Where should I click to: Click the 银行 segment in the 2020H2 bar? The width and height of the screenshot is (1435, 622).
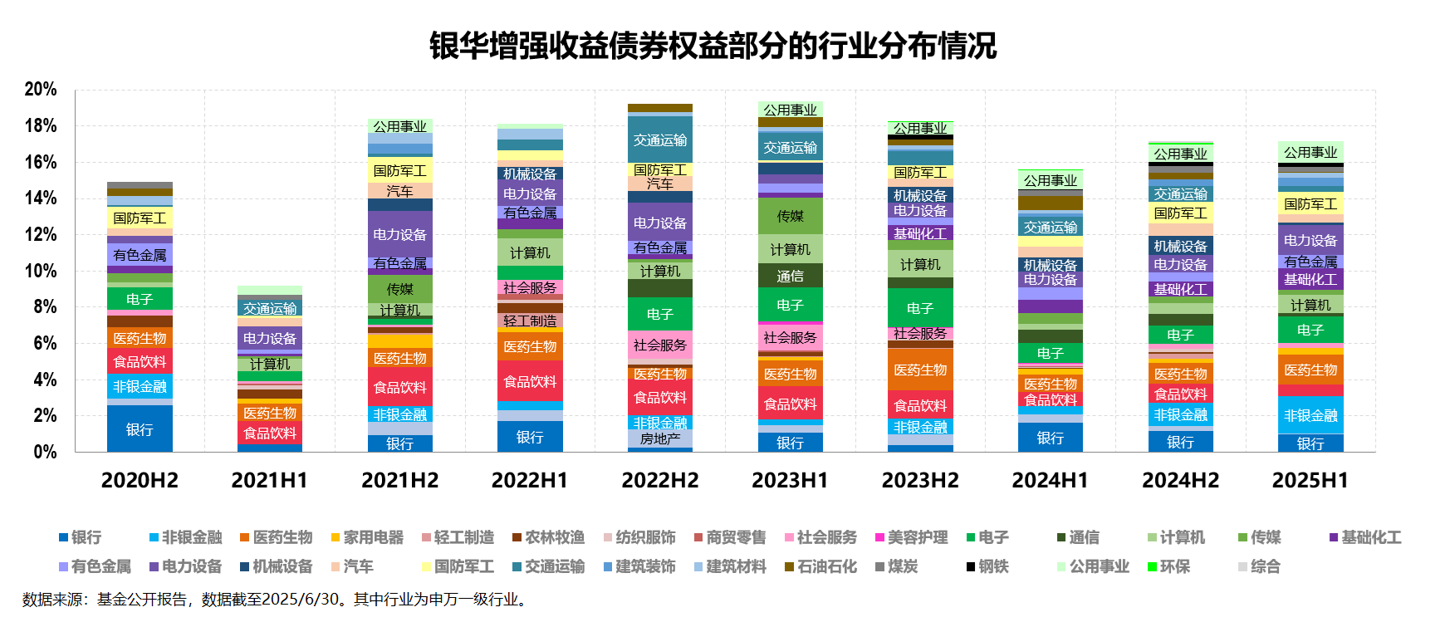(140, 429)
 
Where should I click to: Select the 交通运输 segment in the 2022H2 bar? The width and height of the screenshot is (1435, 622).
(660, 140)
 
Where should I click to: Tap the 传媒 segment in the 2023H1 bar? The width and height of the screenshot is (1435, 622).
(790, 216)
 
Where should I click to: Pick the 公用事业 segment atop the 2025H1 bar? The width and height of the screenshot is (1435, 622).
(1310, 153)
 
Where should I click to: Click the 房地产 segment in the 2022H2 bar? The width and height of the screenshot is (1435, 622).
(660, 438)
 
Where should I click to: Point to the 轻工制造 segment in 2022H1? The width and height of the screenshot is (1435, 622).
(530, 321)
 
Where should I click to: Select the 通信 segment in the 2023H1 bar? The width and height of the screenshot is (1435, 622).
(790, 276)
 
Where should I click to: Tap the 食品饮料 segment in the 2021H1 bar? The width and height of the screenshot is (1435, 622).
(270, 433)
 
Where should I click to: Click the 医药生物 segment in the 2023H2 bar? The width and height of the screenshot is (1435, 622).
(920, 370)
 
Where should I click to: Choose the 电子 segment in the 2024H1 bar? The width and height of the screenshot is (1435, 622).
(1051, 353)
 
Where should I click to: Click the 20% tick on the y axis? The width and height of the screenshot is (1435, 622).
(41, 90)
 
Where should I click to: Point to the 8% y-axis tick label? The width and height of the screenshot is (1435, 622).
(45, 306)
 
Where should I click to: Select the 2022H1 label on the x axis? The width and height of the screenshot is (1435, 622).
(530, 480)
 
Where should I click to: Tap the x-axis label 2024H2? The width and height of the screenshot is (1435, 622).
(1180, 480)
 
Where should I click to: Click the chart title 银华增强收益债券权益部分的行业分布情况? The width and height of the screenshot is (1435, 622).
(713, 46)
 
